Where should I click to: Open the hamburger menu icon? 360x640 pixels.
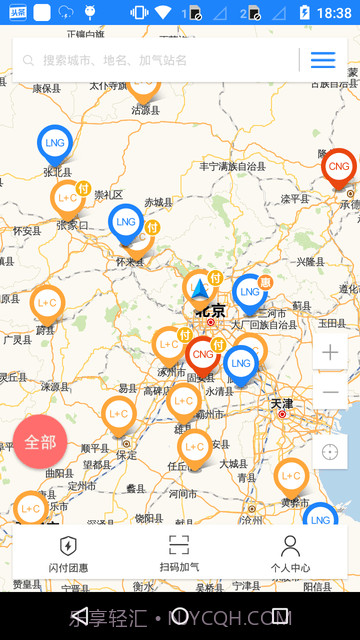(323, 60)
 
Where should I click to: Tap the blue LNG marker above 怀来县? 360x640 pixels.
(126, 222)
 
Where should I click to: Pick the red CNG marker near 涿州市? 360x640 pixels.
(203, 354)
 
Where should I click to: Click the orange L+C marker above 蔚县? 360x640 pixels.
(47, 302)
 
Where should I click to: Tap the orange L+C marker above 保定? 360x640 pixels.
(119, 414)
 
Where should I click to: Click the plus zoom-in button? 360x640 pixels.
(330, 352)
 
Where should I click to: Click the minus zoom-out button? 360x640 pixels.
(330, 392)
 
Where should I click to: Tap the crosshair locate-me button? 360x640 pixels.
(330, 452)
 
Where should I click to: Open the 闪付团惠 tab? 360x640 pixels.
(68, 553)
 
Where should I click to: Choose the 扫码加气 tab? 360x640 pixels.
(179, 553)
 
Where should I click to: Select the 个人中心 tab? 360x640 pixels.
(290, 553)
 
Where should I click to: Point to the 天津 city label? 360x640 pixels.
(281, 403)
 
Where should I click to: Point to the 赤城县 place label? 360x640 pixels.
(158, 202)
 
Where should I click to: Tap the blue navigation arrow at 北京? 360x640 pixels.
(200, 291)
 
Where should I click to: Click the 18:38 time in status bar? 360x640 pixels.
(333, 13)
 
